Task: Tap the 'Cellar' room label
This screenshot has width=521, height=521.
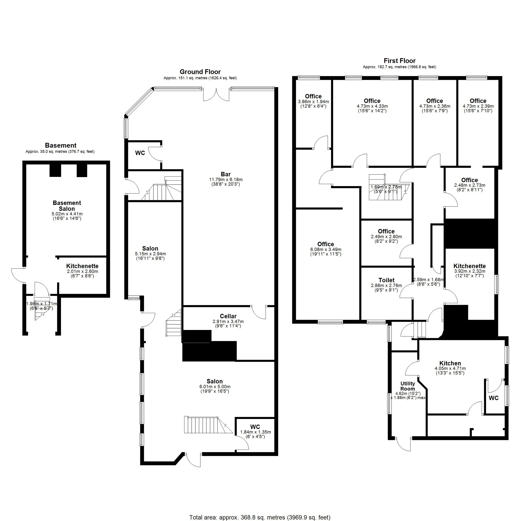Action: (228, 316)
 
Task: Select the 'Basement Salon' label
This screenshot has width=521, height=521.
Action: (67, 206)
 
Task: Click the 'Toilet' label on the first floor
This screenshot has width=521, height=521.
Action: (386, 280)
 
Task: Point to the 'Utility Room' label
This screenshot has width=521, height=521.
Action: (407, 386)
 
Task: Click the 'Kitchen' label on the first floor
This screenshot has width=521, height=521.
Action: (450, 363)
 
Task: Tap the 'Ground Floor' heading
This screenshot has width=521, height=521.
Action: (200, 72)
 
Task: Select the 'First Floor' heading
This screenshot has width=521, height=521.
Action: (400, 61)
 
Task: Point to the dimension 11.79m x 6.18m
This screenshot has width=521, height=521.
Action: (226, 180)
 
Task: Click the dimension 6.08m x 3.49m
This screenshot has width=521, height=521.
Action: (326, 250)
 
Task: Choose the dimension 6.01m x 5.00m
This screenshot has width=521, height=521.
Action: (215, 387)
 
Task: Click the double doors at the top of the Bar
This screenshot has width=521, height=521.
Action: (216, 94)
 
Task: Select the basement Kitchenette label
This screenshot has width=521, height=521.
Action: (82, 266)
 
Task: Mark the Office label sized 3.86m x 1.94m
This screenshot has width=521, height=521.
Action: (313, 96)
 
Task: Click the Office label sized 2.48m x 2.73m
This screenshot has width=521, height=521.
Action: (470, 180)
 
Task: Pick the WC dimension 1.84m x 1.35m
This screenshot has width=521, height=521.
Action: (256, 432)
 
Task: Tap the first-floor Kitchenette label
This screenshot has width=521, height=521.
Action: (470, 266)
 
